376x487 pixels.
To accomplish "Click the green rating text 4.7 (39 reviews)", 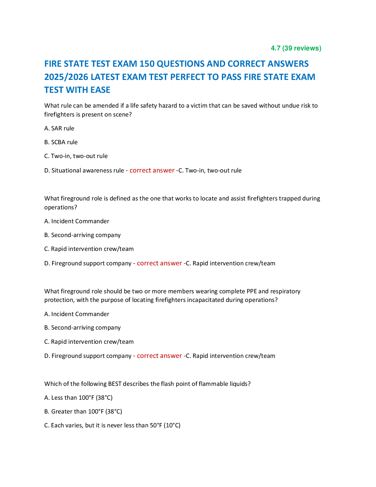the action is point(296,48).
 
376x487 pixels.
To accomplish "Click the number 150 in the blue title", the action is point(147,64).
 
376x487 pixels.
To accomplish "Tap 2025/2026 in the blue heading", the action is point(66,77).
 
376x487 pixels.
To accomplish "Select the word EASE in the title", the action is point(100,90).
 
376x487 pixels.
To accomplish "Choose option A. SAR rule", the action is point(59,129).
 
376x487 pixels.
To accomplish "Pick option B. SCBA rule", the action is point(61,142).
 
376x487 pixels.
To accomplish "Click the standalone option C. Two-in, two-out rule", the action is point(76,156).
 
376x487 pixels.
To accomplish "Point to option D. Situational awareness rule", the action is point(84,171).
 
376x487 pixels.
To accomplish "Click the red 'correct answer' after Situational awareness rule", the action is point(152,171).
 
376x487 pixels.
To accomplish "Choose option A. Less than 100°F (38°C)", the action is point(78,398).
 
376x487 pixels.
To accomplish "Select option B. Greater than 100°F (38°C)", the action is point(83,412).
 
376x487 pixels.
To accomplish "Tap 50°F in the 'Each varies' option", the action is point(156,426).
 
